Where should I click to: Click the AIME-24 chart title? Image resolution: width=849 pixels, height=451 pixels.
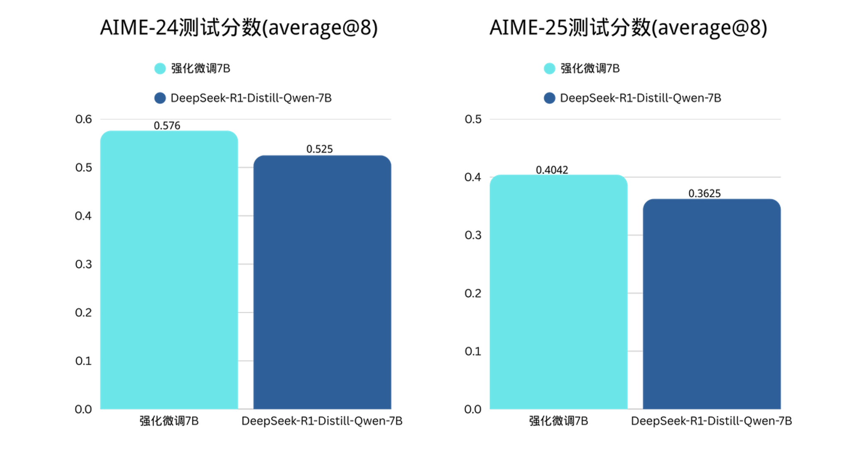click(x=239, y=28)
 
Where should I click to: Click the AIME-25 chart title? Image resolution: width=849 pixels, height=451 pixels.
click(x=628, y=28)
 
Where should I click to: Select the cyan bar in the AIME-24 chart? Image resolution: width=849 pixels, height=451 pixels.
click(x=169, y=270)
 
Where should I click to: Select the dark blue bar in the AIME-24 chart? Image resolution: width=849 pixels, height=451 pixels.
click(x=322, y=282)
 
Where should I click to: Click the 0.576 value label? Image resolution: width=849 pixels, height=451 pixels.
click(x=167, y=125)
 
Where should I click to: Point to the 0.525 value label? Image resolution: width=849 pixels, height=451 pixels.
click(x=319, y=149)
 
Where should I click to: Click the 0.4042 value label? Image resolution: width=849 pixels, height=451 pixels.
click(x=552, y=170)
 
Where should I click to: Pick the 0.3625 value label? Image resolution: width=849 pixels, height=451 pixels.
click(x=705, y=193)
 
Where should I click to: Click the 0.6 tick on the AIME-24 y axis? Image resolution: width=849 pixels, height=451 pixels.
click(x=83, y=119)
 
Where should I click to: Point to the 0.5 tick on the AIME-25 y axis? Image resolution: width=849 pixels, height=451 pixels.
click(x=473, y=119)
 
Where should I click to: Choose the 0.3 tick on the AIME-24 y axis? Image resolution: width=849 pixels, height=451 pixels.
click(x=83, y=264)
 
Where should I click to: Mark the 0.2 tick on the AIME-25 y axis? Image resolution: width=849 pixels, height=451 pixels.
click(x=473, y=293)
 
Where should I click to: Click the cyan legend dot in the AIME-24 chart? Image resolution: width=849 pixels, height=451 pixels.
click(x=160, y=68)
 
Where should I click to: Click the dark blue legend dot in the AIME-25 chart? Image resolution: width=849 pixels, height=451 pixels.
click(x=549, y=98)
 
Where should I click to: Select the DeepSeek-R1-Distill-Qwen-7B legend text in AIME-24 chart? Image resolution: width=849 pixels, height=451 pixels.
click(x=251, y=98)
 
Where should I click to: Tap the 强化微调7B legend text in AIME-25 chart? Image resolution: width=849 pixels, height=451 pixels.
click(x=590, y=68)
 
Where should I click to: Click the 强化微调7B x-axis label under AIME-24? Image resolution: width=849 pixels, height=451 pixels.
click(x=169, y=421)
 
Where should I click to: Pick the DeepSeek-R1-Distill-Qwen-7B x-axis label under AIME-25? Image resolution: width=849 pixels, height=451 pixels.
click(x=711, y=421)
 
